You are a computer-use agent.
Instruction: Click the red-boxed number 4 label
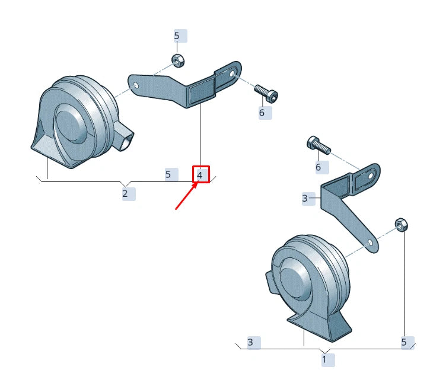point(200,174)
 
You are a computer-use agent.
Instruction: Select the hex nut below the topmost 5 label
point(176,59)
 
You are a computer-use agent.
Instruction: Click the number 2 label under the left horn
point(125,193)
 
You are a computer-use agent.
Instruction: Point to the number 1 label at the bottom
point(324,359)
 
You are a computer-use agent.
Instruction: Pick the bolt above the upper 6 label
point(266,93)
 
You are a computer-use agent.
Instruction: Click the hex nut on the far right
point(400,224)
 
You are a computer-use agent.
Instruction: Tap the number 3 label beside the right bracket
point(305,198)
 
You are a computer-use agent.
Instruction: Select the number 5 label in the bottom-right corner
point(404,342)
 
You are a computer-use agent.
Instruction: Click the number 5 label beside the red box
point(168,174)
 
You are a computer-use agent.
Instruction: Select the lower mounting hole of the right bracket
point(370,244)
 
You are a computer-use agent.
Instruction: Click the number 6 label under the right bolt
point(318,167)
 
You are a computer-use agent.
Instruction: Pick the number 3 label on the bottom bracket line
point(251,342)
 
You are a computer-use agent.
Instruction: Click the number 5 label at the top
point(177,36)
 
